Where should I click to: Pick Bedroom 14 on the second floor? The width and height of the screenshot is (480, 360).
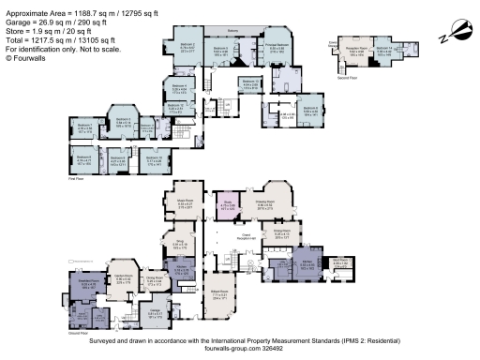click(385, 51)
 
